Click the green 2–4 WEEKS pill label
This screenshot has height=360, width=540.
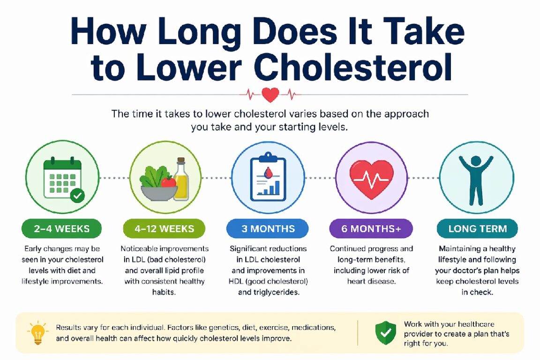point(62,229)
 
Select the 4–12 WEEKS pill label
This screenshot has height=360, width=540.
point(164,229)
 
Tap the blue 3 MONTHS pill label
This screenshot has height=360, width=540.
point(268,229)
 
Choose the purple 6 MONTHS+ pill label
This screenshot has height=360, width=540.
point(371,229)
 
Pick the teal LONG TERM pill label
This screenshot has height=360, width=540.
point(477,229)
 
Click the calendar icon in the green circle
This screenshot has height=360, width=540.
point(62,178)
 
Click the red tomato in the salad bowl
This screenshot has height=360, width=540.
point(168,181)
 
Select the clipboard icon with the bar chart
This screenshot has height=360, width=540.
point(268,177)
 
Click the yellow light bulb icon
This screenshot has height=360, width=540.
point(37,333)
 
